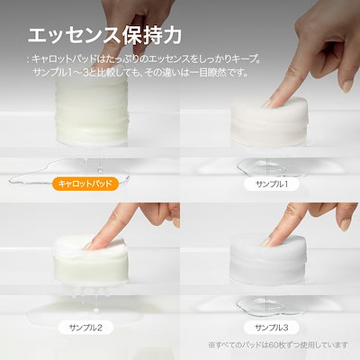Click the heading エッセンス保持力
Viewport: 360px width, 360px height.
pos(104,36)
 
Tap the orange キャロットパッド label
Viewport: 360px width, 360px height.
pos(85,184)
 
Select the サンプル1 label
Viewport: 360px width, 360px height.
pos(272,184)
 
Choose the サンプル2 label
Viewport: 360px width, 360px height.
pos(85,328)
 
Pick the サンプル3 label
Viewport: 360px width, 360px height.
pos(272,328)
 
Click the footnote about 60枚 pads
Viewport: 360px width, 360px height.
pos(278,345)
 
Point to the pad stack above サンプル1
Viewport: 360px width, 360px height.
pos(269,122)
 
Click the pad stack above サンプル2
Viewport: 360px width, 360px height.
pos(91,258)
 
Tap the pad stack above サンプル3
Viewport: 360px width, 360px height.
pos(268,259)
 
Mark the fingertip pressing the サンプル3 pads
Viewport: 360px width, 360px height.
pos(267,241)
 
